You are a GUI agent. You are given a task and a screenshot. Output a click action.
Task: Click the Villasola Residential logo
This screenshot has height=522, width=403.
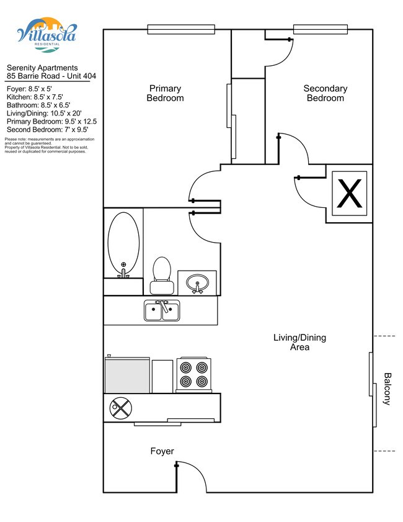click(47, 35)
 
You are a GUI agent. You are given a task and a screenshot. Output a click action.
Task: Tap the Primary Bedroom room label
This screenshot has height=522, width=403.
click(166, 93)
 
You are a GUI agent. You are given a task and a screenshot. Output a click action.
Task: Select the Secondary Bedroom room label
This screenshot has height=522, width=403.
click(325, 93)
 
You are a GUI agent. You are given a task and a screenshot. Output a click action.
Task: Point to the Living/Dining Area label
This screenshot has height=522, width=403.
click(299, 342)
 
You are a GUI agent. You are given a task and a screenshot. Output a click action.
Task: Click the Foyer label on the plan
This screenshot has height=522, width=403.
click(162, 451)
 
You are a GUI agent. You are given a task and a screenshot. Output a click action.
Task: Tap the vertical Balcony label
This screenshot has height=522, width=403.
click(387, 389)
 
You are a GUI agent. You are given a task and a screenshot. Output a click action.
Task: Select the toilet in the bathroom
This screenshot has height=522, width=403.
click(162, 276)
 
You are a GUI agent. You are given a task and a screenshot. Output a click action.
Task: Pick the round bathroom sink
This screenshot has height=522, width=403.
click(198, 283)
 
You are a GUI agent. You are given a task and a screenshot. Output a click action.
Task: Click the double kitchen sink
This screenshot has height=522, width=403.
click(162, 310)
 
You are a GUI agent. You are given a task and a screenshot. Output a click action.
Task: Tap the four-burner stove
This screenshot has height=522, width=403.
click(194, 375)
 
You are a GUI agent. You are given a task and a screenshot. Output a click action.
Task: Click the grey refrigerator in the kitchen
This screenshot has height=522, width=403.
click(127, 375)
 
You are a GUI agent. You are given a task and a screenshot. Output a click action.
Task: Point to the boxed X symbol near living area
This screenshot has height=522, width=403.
click(350, 194)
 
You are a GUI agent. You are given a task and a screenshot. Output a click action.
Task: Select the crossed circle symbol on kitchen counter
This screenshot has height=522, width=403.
click(121, 408)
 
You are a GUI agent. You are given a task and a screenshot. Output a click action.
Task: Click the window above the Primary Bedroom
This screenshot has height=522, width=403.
click(181, 29)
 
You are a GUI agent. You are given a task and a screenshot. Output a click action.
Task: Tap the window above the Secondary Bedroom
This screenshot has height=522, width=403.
click(321, 29)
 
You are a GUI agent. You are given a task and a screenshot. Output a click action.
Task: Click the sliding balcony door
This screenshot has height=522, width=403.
click(373, 390)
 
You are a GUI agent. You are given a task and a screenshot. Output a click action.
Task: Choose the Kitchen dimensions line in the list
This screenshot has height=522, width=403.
click(35, 97)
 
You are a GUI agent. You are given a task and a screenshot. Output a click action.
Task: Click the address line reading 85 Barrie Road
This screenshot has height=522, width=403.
click(51, 76)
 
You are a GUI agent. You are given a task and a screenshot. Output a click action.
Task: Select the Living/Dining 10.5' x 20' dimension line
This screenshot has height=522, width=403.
click(44, 114)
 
